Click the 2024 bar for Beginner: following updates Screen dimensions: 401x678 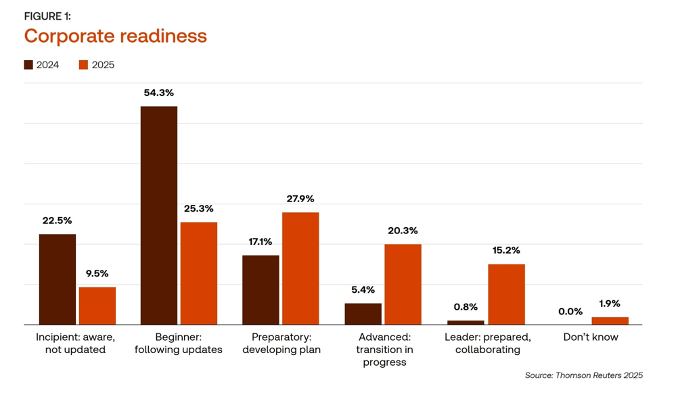[158, 215]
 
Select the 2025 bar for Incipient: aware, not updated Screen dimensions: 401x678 [97, 306]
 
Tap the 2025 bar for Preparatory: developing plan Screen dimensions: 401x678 [300, 268]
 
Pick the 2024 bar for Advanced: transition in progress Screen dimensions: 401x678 [363, 314]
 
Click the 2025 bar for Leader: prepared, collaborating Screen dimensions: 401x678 [506, 294]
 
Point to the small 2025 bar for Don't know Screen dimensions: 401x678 [610, 321]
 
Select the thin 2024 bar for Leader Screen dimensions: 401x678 [466, 323]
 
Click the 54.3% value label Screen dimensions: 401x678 [158, 93]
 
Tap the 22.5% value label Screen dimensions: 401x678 [57, 220]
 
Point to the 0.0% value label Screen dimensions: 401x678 [570, 311]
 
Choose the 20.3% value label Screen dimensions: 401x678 [403, 231]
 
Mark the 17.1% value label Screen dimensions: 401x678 [261, 241]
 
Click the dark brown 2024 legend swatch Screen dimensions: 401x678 [28, 65]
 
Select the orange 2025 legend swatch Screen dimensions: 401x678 [84, 65]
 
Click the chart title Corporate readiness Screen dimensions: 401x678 [115, 36]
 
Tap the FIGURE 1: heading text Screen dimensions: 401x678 [47, 16]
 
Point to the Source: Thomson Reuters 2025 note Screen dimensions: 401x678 [583, 375]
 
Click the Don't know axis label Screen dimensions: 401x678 [591, 337]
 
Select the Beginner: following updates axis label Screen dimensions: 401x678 [179, 343]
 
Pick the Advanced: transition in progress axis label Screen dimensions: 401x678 [384, 349]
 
